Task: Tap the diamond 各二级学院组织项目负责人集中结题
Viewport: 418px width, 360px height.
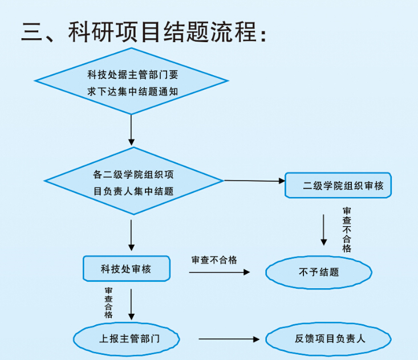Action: point(133,182)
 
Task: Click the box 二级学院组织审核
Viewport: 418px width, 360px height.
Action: point(338,185)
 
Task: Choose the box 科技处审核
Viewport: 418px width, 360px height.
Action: point(127,269)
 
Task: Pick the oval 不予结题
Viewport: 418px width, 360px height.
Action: point(318,272)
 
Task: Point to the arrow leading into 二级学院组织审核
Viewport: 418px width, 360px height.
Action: point(254,181)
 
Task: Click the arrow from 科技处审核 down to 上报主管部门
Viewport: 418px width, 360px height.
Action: point(132,304)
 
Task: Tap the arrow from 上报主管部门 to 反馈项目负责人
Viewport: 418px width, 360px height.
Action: point(229,339)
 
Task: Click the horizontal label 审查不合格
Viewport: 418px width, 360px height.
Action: point(214,260)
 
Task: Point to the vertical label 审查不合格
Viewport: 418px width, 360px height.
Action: point(347,230)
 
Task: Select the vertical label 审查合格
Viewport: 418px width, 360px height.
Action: point(108,302)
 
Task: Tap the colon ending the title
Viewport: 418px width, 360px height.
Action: point(263,35)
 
